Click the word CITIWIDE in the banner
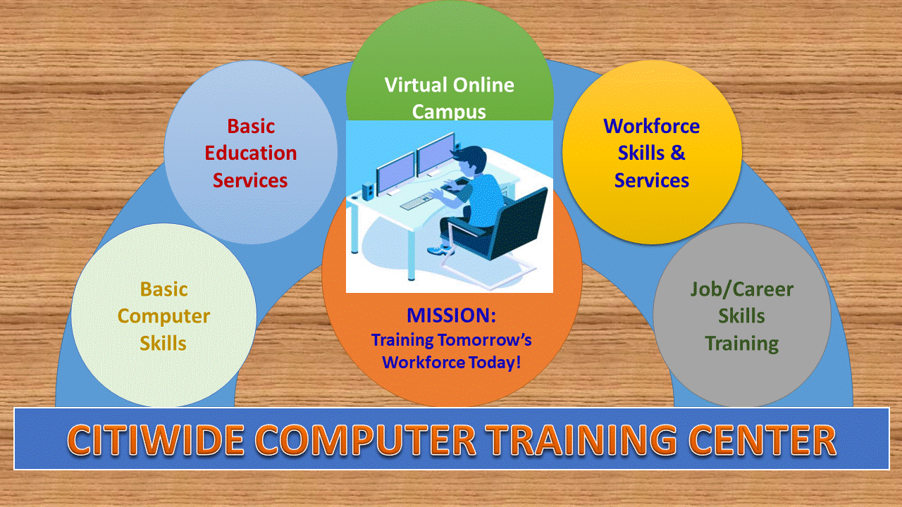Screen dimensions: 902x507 tap(156, 440)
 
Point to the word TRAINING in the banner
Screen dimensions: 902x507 tap(581, 440)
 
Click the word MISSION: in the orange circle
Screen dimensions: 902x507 tap(451, 315)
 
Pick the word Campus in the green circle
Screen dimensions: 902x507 tap(449, 111)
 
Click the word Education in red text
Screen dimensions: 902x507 tap(250, 154)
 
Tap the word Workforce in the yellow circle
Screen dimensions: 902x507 tap(651, 126)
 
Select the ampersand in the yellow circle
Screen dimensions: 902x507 tap(678, 153)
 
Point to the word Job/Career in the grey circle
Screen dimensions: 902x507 tap(742, 289)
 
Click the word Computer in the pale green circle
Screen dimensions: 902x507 tap(163, 317)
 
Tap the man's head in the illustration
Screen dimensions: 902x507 tap(469, 160)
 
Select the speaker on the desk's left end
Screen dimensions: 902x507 tap(368, 192)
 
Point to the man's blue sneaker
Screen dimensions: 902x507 tap(440, 250)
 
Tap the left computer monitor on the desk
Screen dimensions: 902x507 tap(395, 174)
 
